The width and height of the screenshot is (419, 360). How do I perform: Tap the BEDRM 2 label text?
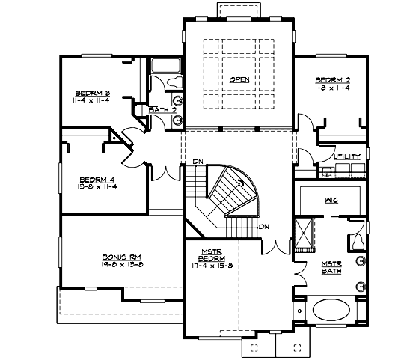pos(332,79)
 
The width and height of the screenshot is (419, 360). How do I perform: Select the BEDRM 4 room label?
pos(97,180)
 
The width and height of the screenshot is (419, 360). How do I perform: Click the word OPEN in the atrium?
pos(239,79)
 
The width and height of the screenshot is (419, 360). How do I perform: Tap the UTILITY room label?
pos(347,156)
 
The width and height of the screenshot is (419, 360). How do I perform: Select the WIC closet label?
pos(331,201)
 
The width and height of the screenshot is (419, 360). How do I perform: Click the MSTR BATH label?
pos(331,268)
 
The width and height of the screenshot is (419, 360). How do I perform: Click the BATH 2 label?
pos(162,110)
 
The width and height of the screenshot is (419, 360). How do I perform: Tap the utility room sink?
pos(326,172)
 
